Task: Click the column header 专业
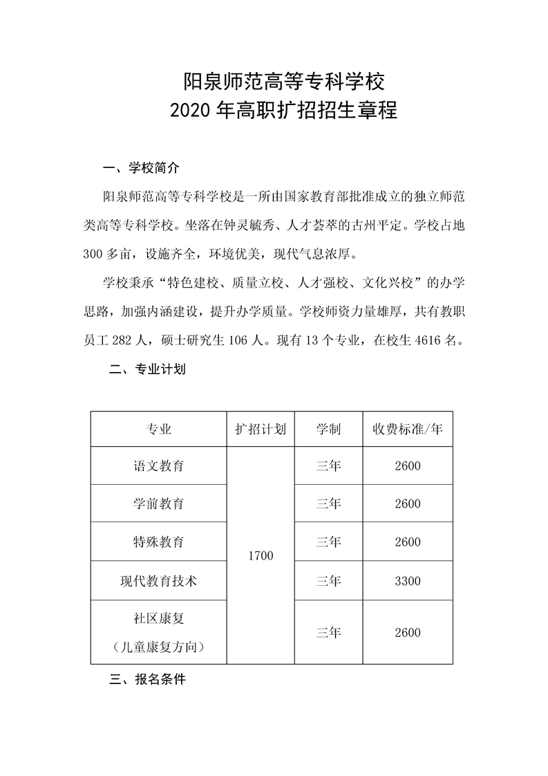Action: pyautogui.click(x=159, y=429)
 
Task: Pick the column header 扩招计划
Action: pyautogui.click(x=261, y=429)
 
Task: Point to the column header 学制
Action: pyautogui.click(x=328, y=429)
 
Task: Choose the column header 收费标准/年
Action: pyautogui.click(x=408, y=429)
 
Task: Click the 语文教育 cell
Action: pyautogui.click(x=159, y=466)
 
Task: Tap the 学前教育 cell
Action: pyautogui.click(x=159, y=504)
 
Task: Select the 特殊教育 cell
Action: pyautogui.click(x=159, y=542)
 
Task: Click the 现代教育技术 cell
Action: pyautogui.click(x=159, y=581)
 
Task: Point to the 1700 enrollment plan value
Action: pyautogui.click(x=261, y=555)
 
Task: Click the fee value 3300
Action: pyautogui.click(x=408, y=581)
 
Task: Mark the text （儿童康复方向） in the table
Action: pyautogui.click(x=159, y=647)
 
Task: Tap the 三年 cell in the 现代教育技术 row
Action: pyautogui.click(x=328, y=581)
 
